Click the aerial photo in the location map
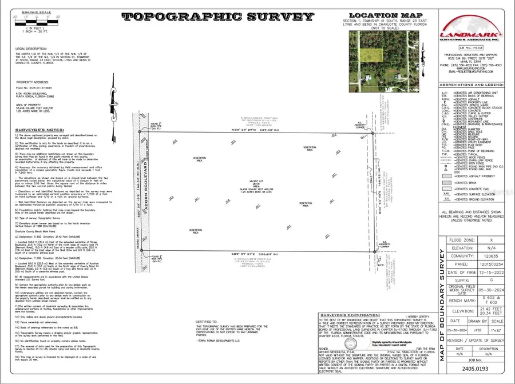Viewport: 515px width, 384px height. (x=379, y=59)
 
